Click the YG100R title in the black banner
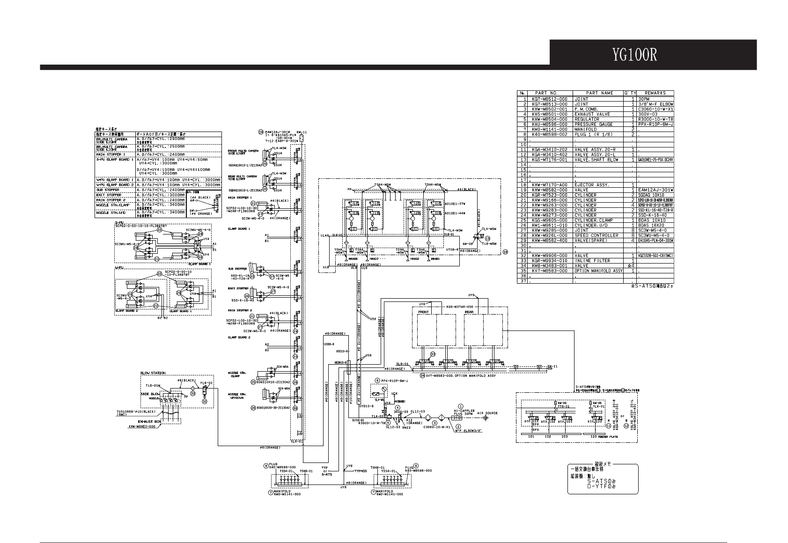coord(634,55)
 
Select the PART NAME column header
coord(600,93)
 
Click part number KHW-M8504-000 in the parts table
coord(550,119)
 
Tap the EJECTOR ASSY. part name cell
coord(592,185)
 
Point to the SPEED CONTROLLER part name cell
coord(596,235)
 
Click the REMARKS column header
coord(655,93)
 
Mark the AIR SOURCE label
coord(487,413)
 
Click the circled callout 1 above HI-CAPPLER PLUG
coord(461,407)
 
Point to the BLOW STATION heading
coord(153,373)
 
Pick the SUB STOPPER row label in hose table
coord(109,190)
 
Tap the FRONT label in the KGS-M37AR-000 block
coord(423,312)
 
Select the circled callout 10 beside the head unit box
coord(505,251)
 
